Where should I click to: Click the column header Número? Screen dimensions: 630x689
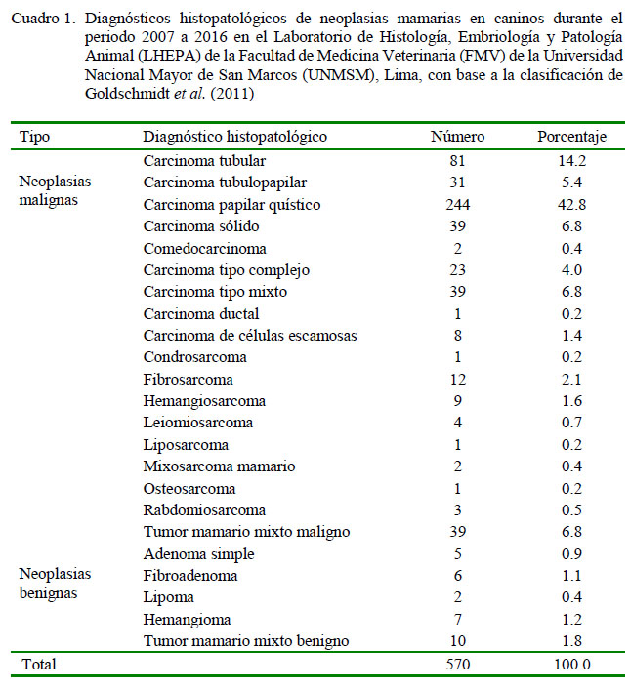point(457,137)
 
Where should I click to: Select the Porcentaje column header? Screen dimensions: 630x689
point(571,137)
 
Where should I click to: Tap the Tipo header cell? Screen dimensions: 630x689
point(34,137)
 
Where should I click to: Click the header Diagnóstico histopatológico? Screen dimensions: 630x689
point(234,137)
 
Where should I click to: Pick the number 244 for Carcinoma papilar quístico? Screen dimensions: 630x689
point(458,205)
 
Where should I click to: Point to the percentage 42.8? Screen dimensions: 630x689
point(571,205)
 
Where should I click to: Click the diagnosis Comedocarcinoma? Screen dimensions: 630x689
point(204,249)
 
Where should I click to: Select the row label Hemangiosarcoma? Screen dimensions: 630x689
point(204,401)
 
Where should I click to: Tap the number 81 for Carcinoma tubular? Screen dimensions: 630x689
point(458,161)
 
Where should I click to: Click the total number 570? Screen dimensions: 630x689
point(458,664)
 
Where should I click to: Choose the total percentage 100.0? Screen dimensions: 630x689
point(572,664)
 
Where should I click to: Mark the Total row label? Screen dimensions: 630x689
point(39,664)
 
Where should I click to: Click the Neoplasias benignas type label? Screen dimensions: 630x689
point(55,584)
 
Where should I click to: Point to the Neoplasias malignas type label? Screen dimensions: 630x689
point(55,190)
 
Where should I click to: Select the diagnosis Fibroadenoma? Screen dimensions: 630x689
point(190,576)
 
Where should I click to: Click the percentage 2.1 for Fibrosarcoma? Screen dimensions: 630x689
point(571,380)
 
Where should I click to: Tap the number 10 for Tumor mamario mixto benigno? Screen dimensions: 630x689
point(458,640)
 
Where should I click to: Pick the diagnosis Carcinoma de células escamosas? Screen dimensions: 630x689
point(250,336)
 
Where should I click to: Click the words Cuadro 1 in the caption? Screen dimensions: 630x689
point(43,19)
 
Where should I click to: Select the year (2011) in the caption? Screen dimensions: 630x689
point(232,94)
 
